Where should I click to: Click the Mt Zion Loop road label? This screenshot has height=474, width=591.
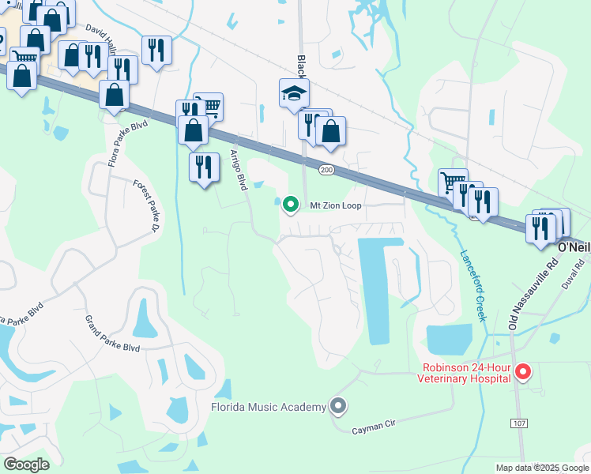(335, 205)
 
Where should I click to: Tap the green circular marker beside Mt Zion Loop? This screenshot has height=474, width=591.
(290, 205)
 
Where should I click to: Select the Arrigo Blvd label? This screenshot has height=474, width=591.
(239, 169)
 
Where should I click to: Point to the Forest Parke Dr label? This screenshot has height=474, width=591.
(143, 206)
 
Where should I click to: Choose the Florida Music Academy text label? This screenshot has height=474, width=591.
(269, 407)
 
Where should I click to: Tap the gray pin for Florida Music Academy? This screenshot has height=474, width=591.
(339, 406)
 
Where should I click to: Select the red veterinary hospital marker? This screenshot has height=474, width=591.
(522, 371)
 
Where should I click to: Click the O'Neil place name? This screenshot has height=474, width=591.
(574, 247)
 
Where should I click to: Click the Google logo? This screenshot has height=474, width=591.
(26, 465)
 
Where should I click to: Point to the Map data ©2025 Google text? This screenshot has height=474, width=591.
(542, 468)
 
